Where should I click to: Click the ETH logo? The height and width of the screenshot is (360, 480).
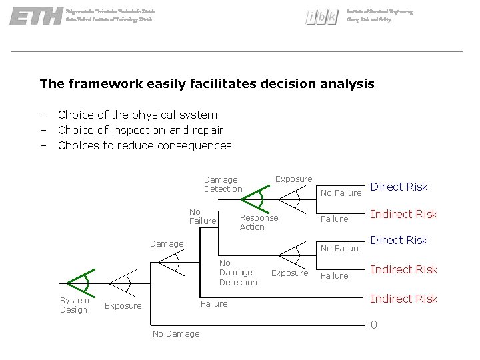tap(35, 16)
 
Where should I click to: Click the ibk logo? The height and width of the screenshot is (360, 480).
tap(322, 17)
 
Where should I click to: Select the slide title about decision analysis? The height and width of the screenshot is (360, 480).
tap(207, 84)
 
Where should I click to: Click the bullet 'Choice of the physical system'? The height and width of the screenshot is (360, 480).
tap(137, 115)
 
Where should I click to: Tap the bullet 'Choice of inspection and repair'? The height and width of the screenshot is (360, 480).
tap(140, 130)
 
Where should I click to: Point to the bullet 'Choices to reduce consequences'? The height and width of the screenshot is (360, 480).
tap(145, 145)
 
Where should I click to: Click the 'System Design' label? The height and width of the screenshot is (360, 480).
tap(74, 305)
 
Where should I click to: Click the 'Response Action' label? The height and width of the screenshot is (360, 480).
tap(259, 222)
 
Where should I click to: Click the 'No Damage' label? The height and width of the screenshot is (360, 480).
tap(176, 333)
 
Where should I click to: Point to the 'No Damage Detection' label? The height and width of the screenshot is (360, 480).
tap(237, 273)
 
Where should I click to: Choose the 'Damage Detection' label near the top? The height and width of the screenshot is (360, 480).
tap(223, 184)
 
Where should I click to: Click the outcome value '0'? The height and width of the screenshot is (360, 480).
tap(374, 325)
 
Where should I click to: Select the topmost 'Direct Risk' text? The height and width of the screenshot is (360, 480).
tap(399, 187)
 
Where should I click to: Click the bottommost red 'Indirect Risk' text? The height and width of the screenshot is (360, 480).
tap(404, 299)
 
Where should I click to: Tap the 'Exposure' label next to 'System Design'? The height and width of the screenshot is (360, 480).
tap(123, 306)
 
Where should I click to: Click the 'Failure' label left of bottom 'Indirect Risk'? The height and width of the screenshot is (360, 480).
tap(214, 303)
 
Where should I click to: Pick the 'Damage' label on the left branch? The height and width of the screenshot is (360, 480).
tap(167, 243)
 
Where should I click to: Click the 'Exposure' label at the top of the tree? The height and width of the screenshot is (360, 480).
tap(293, 179)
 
